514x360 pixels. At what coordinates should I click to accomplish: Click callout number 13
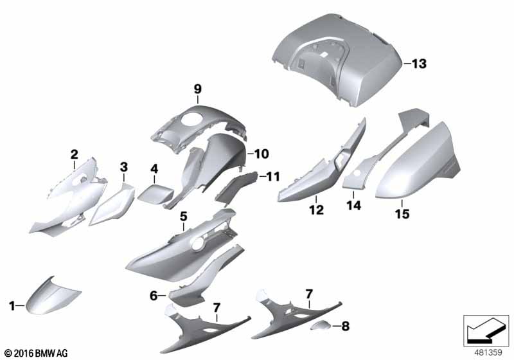click(x=420, y=64)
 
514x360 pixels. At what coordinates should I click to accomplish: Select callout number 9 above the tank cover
click(x=198, y=89)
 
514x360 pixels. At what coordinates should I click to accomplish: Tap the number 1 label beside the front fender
click(x=12, y=306)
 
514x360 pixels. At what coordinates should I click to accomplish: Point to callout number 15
click(x=402, y=214)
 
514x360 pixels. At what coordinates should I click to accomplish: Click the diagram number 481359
click(x=488, y=353)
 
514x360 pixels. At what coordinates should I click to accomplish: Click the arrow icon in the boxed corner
click(x=484, y=330)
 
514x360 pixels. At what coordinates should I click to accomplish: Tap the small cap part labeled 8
click(x=321, y=325)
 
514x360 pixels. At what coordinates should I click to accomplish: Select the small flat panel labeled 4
click(x=155, y=194)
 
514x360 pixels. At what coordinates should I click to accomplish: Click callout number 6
click(x=154, y=296)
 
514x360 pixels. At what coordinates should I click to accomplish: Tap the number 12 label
click(x=317, y=210)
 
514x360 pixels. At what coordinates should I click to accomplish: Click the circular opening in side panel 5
click(x=198, y=244)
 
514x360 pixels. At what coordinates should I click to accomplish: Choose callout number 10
click(x=261, y=154)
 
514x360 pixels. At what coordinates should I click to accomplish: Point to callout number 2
click(x=75, y=154)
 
